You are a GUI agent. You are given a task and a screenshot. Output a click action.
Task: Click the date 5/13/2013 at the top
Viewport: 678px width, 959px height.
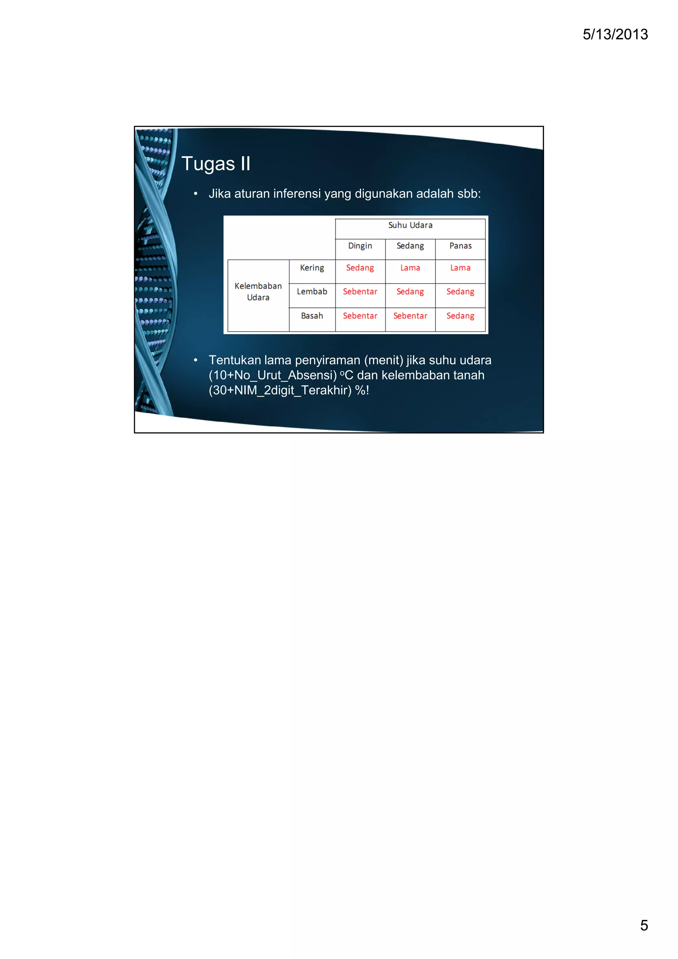coord(615,34)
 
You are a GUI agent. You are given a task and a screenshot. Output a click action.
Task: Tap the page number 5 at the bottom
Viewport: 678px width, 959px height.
coord(644,925)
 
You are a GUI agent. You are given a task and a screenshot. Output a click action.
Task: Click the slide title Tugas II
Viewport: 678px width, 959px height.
coord(216,164)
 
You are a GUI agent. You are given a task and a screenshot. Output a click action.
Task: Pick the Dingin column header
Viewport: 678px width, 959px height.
coord(360,246)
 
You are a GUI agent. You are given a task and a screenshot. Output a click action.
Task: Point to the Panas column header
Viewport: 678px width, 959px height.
coord(460,246)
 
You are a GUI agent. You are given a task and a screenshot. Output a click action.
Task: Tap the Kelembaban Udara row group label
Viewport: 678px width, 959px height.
coord(258,291)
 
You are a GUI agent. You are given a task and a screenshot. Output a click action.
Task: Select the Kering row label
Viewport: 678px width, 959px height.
coord(312,268)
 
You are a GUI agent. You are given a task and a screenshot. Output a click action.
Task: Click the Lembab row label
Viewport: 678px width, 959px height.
coord(312,291)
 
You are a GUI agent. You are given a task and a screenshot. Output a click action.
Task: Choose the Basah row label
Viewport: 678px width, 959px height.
coord(312,316)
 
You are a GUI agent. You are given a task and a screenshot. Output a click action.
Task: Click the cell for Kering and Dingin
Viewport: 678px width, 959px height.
coord(360,268)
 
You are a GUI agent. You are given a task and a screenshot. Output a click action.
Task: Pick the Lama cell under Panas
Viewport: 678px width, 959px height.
coord(460,268)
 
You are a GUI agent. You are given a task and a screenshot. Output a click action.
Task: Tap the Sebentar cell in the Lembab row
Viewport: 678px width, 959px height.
coord(360,291)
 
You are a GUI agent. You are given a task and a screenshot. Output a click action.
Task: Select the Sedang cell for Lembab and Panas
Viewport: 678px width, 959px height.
coord(460,291)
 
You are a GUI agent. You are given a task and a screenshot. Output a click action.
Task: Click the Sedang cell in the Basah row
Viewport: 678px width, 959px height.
coord(460,316)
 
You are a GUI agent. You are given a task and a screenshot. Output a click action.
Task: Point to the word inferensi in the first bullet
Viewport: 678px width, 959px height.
coord(297,194)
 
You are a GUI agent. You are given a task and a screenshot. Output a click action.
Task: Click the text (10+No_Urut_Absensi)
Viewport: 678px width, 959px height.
coord(272,375)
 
